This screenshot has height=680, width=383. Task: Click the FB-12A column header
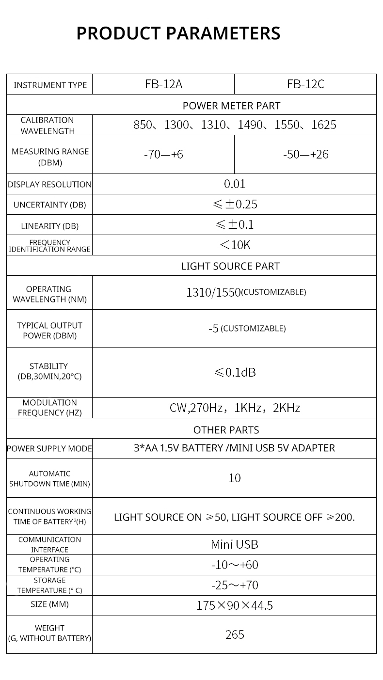[x=163, y=84]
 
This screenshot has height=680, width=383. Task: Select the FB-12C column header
[x=305, y=84]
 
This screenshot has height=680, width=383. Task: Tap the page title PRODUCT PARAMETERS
[x=178, y=33]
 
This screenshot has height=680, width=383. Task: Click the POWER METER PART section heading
[x=231, y=105]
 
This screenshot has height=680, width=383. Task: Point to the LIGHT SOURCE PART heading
[x=230, y=266]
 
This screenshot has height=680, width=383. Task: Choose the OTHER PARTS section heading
[x=226, y=430]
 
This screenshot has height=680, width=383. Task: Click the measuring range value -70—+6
[x=163, y=155]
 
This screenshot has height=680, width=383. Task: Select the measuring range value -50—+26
[x=305, y=155]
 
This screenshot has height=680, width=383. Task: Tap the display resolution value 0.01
[x=235, y=184]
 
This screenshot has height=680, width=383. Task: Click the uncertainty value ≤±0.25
[x=235, y=204]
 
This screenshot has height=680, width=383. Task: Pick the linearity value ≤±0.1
[x=235, y=225]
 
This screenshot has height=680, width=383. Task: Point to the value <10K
[x=235, y=245]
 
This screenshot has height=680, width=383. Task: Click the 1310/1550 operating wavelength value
[x=213, y=292]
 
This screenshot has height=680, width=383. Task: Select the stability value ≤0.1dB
[x=235, y=372]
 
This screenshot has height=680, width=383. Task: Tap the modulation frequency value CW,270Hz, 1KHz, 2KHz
[x=235, y=408]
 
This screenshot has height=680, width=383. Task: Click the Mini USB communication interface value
[x=235, y=544]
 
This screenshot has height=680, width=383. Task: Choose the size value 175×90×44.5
[x=235, y=605]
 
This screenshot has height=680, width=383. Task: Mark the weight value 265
[x=235, y=634]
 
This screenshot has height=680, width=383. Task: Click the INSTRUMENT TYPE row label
[x=50, y=85]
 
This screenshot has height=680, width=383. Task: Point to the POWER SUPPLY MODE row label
[x=49, y=448]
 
